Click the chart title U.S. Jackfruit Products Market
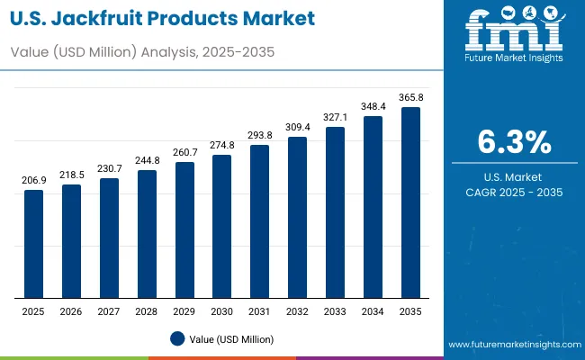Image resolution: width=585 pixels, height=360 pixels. point(164,19)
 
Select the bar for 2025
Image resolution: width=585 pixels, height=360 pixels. point(33,243)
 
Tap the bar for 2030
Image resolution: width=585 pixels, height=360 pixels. point(221,226)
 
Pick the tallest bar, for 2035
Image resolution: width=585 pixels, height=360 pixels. point(410,202)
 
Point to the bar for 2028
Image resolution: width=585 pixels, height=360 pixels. point(147,233)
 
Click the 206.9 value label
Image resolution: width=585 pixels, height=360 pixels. point(33,181)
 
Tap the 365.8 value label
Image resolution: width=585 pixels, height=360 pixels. point(410,98)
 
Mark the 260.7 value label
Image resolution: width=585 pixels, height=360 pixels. point(184,153)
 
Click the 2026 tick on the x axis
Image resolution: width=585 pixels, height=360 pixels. point(71,310)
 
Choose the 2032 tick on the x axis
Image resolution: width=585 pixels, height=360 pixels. point(297,310)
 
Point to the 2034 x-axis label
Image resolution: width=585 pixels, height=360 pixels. point(373,310)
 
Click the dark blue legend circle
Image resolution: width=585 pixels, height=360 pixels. point(177,338)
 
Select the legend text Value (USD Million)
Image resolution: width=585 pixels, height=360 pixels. point(231,338)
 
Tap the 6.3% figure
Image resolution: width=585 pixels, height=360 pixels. point(514,142)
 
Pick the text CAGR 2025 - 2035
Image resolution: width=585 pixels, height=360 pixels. point(514,193)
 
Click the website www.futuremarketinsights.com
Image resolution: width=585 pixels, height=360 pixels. point(513,345)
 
